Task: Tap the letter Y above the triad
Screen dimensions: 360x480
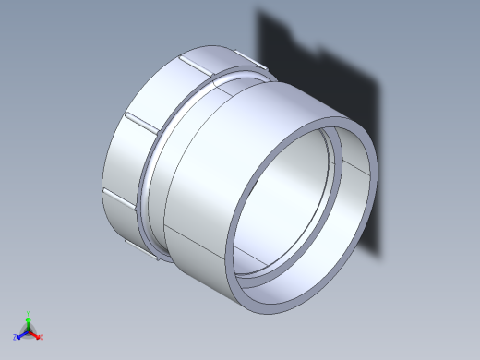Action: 29,313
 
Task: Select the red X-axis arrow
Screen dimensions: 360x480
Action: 36,335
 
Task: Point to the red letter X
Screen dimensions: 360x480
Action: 42,337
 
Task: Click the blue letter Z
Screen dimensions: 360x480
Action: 17,338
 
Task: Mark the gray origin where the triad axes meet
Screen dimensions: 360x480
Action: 29,331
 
